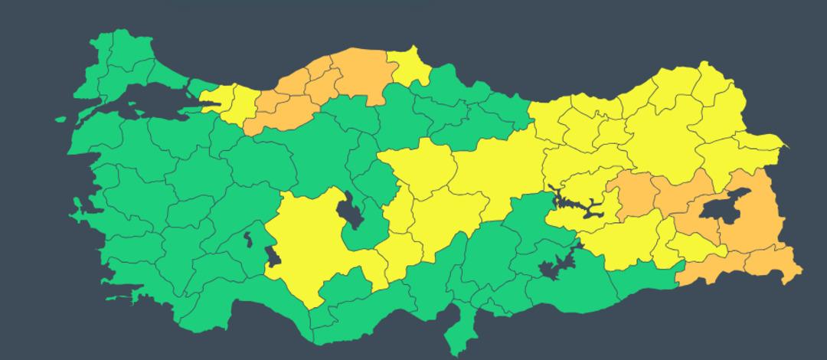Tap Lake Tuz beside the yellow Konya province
tap(353, 208)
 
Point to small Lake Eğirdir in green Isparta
tap(248, 240)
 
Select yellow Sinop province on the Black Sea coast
tap(413, 67)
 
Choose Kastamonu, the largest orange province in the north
tap(360, 77)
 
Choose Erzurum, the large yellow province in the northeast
tap(659, 130)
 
